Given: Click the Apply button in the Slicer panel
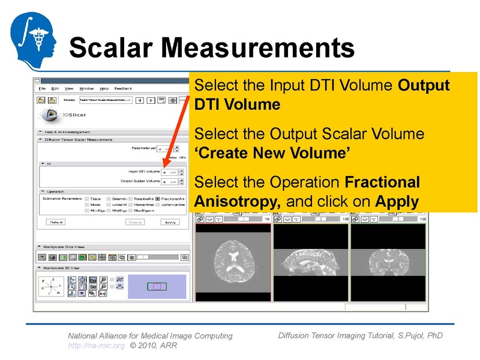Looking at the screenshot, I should click(x=170, y=222).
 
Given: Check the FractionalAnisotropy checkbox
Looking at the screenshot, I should click(x=157, y=198).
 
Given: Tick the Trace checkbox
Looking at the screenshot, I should click(x=87, y=198).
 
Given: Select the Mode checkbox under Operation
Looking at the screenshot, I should click(x=87, y=205).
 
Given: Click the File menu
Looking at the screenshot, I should click(x=42, y=89).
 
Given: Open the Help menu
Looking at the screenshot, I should click(x=104, y=89).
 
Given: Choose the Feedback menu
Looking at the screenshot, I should click(x=123, y=89).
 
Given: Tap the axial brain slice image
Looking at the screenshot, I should click(x=232, y=262).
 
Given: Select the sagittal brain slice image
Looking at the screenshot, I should click(x=310, y=262).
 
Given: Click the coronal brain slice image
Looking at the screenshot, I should click(x=388, y=262).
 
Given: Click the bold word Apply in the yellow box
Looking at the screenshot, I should click(x=397, y=202).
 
